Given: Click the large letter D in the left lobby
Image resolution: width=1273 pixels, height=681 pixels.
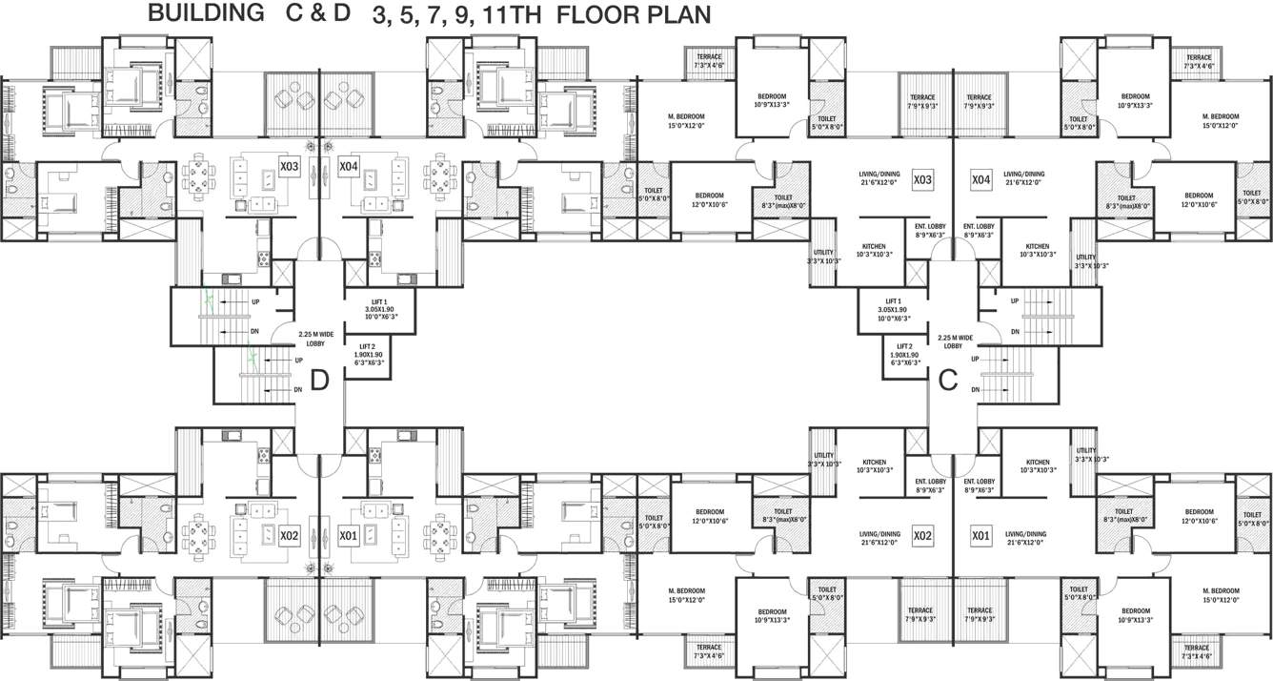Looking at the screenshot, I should tap(320, 380).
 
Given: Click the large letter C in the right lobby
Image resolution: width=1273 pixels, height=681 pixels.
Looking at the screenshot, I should tap(947, 380).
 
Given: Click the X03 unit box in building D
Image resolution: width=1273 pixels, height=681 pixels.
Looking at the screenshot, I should tap(290, 167).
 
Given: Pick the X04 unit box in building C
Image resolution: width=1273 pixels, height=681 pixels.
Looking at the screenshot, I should tap(981, 178).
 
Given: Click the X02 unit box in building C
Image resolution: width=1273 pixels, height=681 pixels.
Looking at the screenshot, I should tap(921, 536).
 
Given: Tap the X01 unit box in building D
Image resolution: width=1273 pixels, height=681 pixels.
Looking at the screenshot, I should tap(348, 536).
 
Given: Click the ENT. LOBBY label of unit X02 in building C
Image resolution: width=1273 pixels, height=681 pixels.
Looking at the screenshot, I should tap(930, 485).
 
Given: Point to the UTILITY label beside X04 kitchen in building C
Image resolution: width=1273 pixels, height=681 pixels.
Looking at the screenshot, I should tap(1085, 260).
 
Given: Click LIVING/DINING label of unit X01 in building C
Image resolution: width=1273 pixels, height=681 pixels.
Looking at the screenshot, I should tap(1024, 537).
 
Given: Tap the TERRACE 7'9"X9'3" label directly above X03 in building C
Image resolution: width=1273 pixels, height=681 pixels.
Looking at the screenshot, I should tap(922, 101).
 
